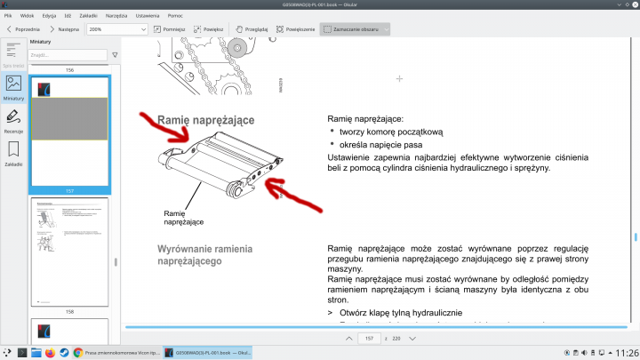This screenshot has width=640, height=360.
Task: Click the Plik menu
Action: click(8, 15)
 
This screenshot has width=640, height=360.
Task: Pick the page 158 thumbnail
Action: click(69, 252)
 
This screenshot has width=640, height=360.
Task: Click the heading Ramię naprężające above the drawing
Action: click(206, 119)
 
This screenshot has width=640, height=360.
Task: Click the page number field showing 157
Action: click(369, 339)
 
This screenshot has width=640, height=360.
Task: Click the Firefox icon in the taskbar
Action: click(49, 353)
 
